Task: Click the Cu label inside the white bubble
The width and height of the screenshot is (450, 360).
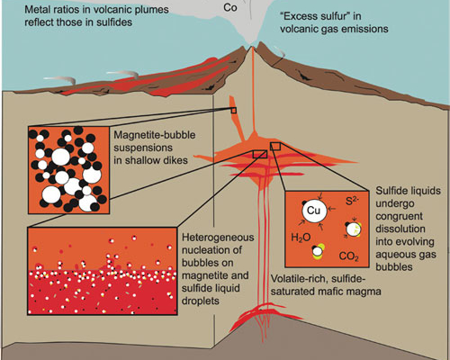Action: point(314,211)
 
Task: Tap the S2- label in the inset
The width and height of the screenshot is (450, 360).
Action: point(352,201)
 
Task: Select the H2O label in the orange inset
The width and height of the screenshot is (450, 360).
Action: point(301,238)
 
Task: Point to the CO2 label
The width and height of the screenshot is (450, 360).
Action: point(348,256)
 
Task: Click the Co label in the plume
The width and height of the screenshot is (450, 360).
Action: point(230,7)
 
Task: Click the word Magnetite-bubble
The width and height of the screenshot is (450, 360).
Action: point(155,135)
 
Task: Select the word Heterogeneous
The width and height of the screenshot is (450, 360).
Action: point(218,238)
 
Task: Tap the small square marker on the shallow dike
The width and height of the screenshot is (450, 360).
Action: point(234,111)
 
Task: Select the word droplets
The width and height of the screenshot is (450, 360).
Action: point(200,301)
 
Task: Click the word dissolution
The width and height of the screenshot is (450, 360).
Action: point(400,229)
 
